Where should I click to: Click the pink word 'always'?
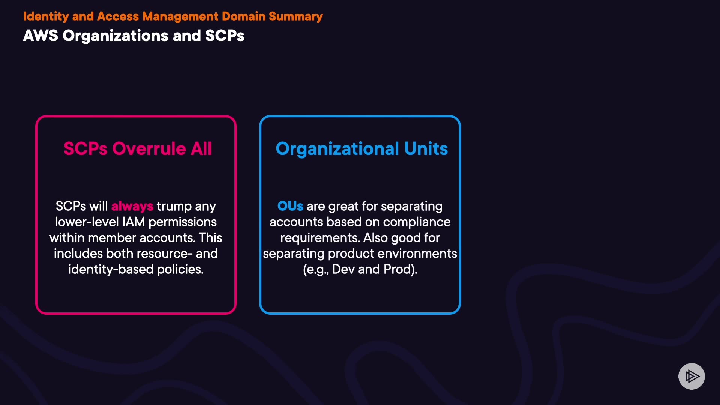(132, 206)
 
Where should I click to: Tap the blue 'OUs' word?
(290, 206)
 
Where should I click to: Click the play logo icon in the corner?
(691, 376)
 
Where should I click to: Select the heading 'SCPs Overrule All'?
(138, 148)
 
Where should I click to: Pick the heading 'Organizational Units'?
(362, 149)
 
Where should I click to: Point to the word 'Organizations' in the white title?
(115, 36)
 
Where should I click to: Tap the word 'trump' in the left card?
(174, 207)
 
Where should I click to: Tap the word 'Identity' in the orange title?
(46, 16)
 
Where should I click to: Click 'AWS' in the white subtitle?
(40, 36)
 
